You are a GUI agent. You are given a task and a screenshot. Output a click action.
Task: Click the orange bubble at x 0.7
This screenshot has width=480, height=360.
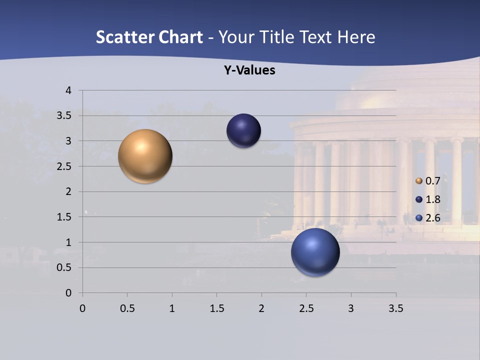(x=145, y=156)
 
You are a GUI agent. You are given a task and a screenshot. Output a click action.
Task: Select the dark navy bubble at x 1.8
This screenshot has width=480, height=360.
(x=243, y=130)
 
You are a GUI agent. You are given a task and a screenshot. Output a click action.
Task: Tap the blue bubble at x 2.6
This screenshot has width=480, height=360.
(x=315, y=252)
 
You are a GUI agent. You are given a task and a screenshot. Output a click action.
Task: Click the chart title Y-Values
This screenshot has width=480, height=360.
(x=249, y=70)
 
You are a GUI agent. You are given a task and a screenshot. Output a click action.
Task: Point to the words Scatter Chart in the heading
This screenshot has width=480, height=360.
(x=149, y=37)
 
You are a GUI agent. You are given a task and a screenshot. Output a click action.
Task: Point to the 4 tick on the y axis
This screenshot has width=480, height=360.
(x=68, y=90)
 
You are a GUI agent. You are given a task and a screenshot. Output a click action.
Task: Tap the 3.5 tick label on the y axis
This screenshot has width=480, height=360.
(x=65, y=115)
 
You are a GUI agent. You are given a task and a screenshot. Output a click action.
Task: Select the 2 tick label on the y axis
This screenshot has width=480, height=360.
(x=68, y=191)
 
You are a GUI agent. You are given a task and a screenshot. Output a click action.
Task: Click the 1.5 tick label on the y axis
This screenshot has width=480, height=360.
(x=65, y=217)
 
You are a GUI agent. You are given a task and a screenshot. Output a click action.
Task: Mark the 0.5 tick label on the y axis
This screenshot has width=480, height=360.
(x=65, y=267)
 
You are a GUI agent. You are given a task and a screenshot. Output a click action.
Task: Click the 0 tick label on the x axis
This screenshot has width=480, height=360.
(x=83, y=308)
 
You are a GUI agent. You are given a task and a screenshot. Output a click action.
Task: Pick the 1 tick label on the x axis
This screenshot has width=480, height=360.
(x=172, y=308)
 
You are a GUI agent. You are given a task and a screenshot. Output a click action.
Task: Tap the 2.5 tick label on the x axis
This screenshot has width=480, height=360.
(x=306, y=308)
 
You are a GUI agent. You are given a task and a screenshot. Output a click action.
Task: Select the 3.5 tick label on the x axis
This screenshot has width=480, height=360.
(x=395, y=308)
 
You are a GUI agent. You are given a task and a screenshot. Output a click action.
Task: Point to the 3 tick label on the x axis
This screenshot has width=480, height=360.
(x=351, y=308)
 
